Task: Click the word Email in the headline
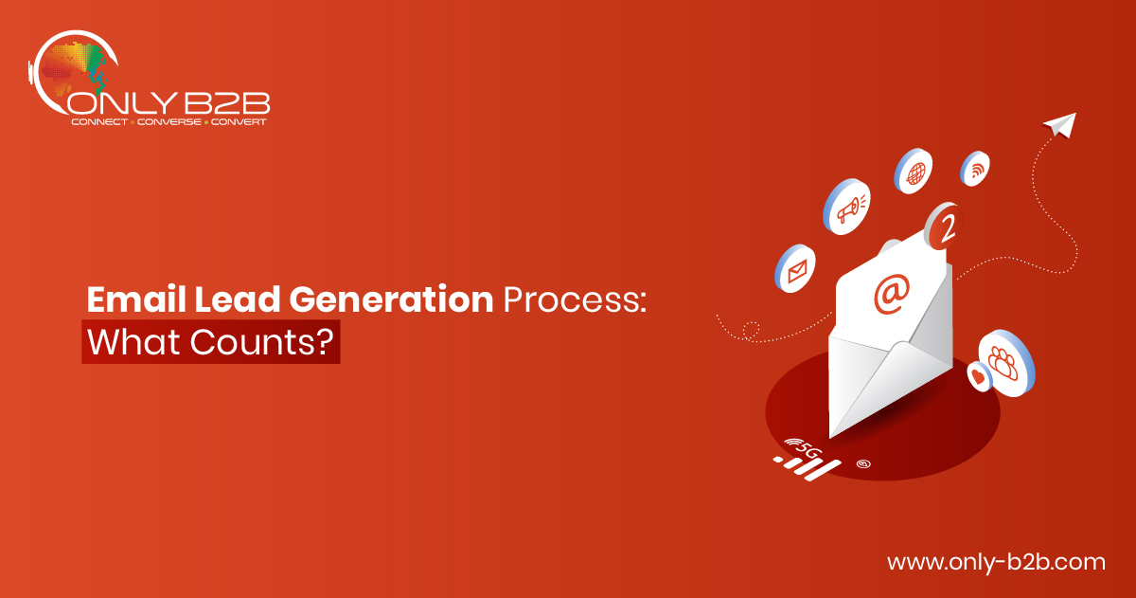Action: click(x=136, y=299)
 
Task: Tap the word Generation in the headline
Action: click(x=391, y=299)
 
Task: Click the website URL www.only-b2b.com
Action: click(x=996, y=563)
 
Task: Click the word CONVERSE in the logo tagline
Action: click(x=169, y=122)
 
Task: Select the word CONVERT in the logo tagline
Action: click(x=239, y=122)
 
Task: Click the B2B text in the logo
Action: click(x=226, y=103)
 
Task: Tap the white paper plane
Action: click(x=1061, y=124)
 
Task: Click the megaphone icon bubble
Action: click(x=846, y=206)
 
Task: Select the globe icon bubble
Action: click(x=913, y=172)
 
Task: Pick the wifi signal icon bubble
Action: click(x=974, y=169)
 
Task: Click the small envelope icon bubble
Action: click(x=794, y=268)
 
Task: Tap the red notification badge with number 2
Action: click(x=943, y=226)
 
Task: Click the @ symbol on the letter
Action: click(x=892, y=294)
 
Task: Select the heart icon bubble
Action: click(x=979, y=376)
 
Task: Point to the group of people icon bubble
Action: click(x=1006, y=363)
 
